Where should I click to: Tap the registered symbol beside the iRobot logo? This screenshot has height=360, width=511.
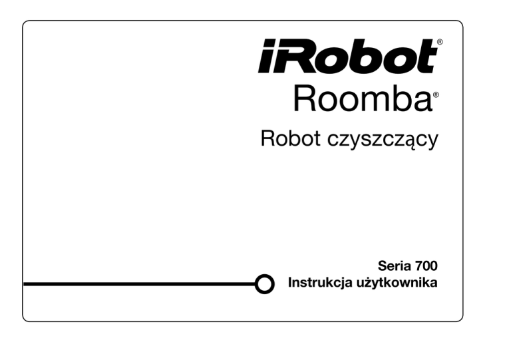(440, 43)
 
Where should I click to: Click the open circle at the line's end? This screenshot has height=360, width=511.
(265, 284)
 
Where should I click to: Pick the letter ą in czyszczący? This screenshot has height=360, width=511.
(413, 142)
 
